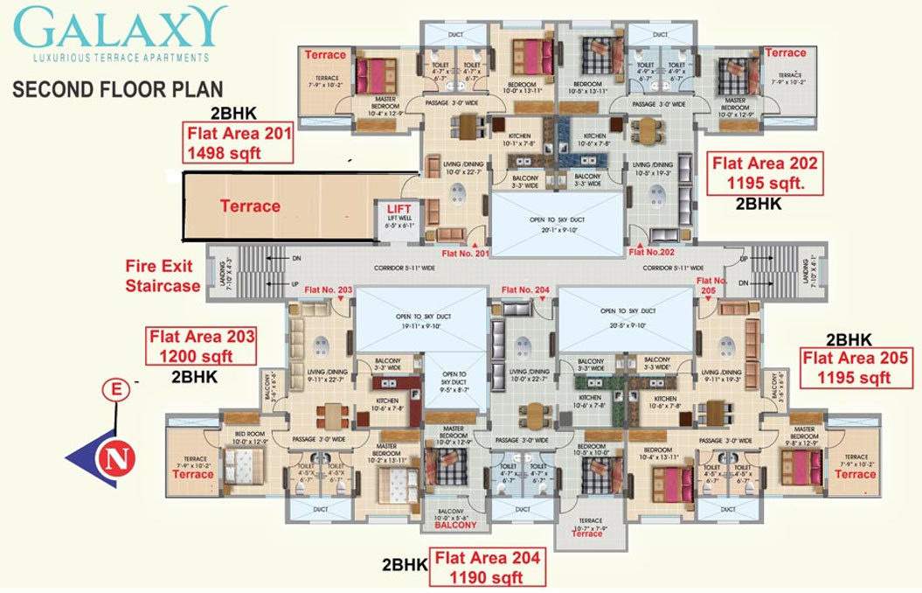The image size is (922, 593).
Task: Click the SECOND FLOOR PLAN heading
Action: (x=117, y=89)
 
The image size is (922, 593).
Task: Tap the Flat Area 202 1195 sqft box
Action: (x=765, y=173)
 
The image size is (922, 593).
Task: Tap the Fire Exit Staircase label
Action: (x=165, y=276)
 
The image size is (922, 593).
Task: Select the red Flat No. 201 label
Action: (x=466, y=254)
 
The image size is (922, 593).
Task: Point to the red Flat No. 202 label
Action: (x=652, y=253)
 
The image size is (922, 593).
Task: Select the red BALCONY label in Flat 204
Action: (x=455, y=526)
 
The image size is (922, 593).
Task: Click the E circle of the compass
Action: (x=114, y=392)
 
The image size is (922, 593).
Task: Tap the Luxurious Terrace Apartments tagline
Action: (x=121, y=58)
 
